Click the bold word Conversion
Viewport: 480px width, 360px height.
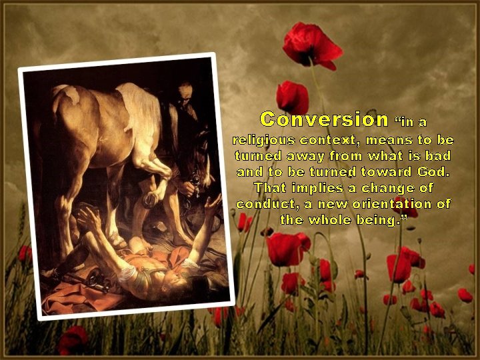pos(324,119)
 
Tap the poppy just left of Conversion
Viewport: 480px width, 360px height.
pos(292,97)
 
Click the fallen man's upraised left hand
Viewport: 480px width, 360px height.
pos(213,202)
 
